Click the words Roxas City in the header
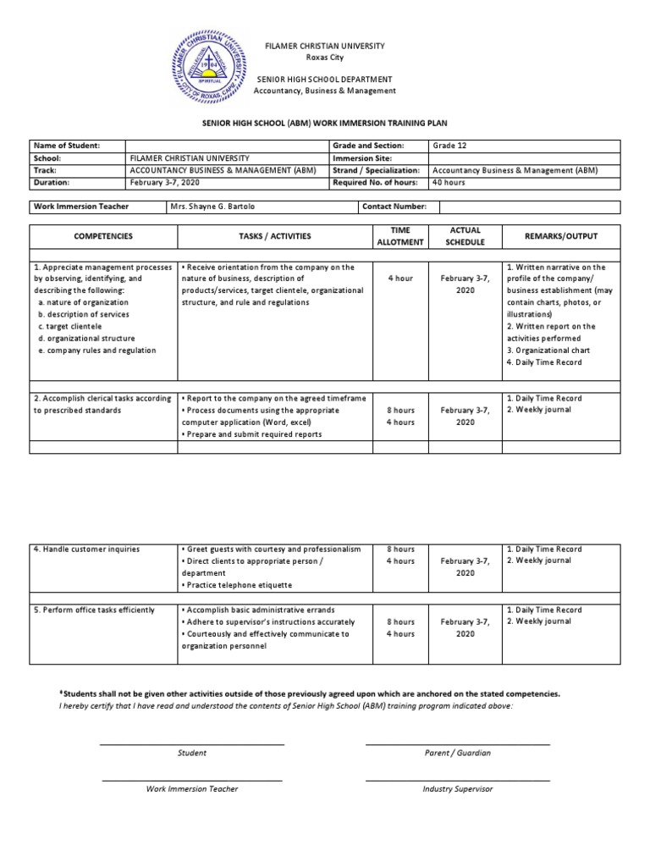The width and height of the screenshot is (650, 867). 326,57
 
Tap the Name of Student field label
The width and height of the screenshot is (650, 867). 67,146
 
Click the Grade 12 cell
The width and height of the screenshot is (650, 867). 449,146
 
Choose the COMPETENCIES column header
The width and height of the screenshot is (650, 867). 103,236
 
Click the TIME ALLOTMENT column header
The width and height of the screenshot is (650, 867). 399,236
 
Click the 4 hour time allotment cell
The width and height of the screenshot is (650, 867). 399,278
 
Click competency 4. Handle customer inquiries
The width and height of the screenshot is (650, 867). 86,549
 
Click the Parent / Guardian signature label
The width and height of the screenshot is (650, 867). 457,753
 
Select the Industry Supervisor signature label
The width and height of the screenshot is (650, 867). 457,788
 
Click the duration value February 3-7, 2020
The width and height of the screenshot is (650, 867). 165,181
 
